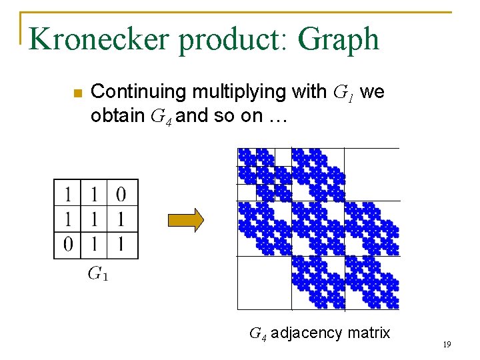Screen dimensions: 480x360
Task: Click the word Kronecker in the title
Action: tap(99, 39)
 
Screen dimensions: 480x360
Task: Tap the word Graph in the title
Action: tap(339, 40)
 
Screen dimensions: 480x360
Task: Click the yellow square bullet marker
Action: tap(76, 93)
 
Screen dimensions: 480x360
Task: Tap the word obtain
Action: tap(118, 116)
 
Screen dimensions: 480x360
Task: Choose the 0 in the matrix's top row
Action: tap(121, 195)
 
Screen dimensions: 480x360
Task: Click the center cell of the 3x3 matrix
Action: tap(94, 219)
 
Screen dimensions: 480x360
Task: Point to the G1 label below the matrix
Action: tap(97, 273)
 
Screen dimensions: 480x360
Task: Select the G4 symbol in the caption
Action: tap(258, 333)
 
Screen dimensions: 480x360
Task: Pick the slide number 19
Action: tap(447, 345)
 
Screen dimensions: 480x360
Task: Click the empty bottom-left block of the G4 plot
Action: tap(264, 283)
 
